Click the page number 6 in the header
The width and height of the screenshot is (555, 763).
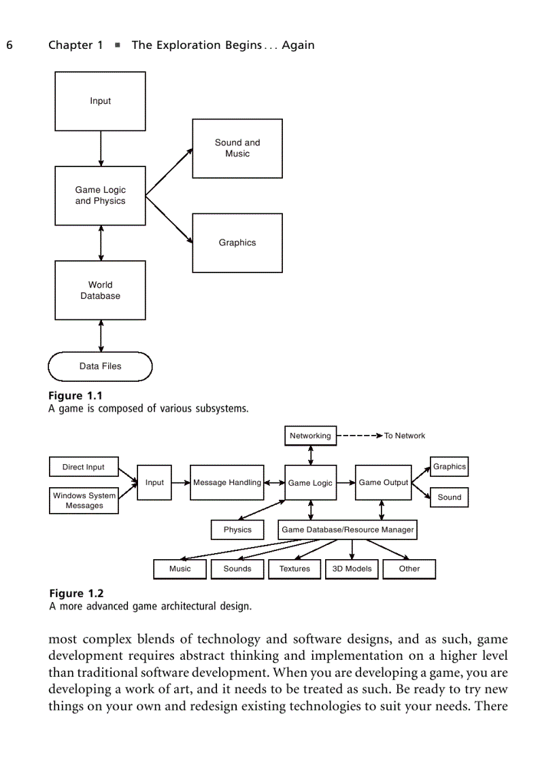(10, 46)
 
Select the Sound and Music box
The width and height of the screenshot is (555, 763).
(237, 148)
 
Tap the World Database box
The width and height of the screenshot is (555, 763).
(100, 290)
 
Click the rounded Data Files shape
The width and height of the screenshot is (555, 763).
(100, 366)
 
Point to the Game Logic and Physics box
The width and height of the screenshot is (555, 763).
(100, 196)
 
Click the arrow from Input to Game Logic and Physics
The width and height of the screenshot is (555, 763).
(101, 148)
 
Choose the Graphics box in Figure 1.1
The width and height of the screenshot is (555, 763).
(237, 243)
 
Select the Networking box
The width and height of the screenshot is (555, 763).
(310, 436)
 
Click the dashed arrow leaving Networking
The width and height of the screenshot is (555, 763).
(358, 436)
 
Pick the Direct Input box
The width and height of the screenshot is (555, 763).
(84, 467)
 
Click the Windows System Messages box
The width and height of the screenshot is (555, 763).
(84, 500)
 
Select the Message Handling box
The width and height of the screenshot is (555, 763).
(226, 482)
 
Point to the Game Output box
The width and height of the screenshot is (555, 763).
(384, 482)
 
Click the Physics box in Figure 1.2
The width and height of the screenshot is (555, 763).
(237, 530)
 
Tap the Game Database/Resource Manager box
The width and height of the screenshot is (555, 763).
(348, 530)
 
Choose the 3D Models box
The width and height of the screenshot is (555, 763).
(352, 569)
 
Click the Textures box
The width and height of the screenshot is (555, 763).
(295, 569)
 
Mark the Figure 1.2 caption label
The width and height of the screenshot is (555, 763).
(76, 594)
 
